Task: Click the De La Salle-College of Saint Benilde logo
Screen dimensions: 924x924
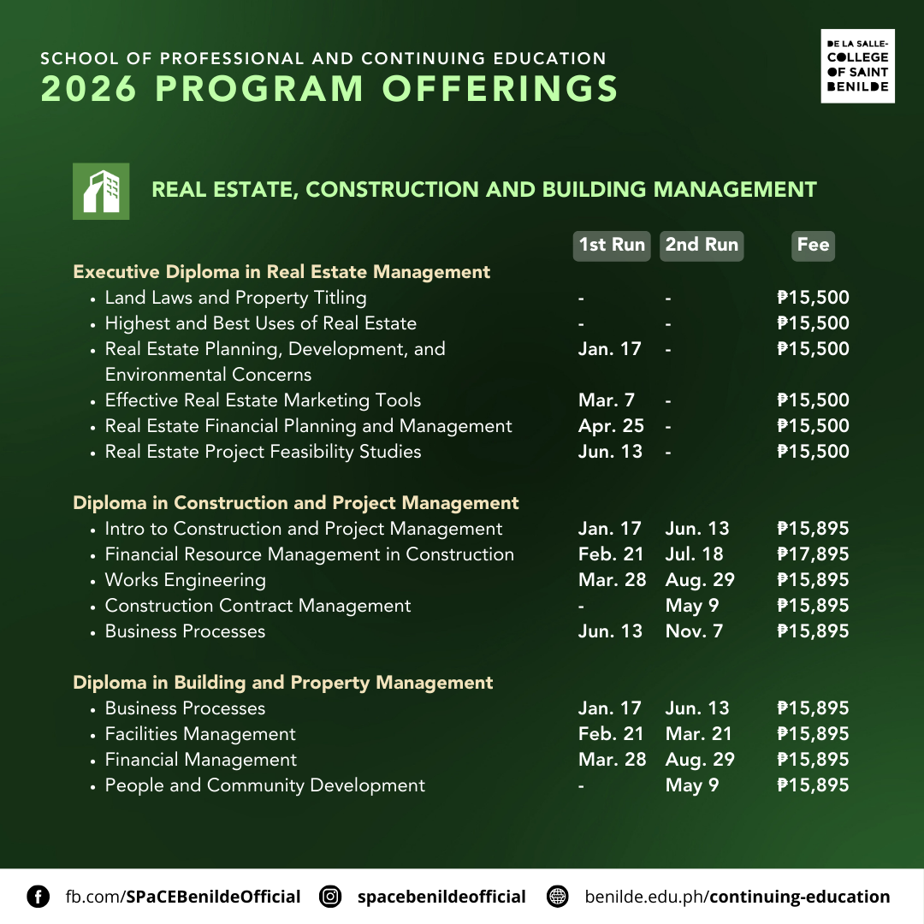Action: pos(857,66)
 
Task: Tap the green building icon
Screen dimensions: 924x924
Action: pos(101,191)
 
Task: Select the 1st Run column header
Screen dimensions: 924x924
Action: pos(612,245)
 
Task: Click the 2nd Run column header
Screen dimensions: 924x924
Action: pos(702,245)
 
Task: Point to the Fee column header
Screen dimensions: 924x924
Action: pos(813,245)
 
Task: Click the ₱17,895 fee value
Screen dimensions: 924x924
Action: pos(813,554)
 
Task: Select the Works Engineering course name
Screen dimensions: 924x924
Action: pos(185,580)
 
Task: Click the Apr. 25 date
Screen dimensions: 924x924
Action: pos(611,426)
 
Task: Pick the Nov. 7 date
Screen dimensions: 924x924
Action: pos(694,631)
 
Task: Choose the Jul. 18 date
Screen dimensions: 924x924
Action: pos(694,554)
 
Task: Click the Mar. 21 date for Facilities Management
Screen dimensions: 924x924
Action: pos(697,734)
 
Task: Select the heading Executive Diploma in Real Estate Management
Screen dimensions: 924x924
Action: pos(281,272)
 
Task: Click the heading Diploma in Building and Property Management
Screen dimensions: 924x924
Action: pos(282,683)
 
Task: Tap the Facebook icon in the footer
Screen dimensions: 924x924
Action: pos(38,897)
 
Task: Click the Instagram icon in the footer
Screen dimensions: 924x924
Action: pos(330,897)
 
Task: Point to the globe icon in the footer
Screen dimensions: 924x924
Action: pos(558,897)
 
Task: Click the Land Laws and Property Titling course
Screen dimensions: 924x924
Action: pos(235,298)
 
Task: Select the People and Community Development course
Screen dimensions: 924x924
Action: pos(264,785)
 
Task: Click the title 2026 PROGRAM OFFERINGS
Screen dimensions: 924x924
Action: pos(329,89)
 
